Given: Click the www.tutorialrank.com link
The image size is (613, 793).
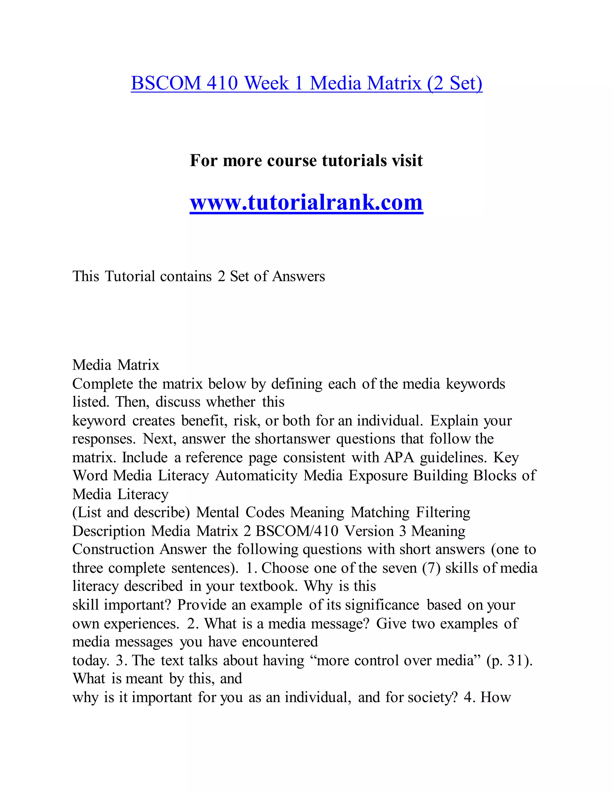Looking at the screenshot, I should (306, 202).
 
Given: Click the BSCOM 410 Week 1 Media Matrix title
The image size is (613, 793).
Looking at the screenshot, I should (306, 83).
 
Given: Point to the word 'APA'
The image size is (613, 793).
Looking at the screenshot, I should (399, 458).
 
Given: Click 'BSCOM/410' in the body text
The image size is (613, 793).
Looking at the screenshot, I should (297, 531).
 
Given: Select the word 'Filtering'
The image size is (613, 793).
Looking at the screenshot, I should (443, 513).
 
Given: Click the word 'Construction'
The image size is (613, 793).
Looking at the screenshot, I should (113, 549).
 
